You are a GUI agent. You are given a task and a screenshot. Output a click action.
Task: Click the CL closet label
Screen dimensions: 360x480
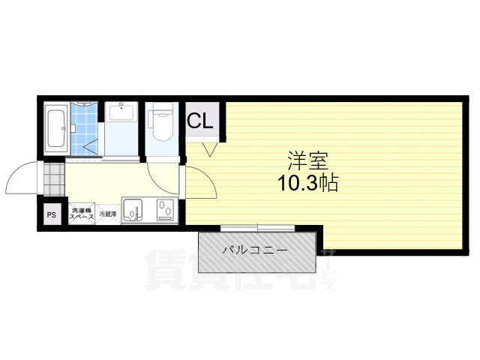pyautogui.click(x=200, y=121)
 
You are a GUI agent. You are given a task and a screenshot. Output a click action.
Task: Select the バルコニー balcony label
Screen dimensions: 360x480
pyautogui.click(x=254, y=250)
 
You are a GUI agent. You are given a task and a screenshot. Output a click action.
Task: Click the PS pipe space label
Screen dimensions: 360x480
pyautogui.click(x=52, y=215)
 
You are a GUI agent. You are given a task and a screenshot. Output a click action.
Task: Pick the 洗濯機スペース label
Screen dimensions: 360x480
pyautogui.click(x=80, y=214)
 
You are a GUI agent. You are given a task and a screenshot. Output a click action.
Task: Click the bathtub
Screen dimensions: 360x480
pyautogui.click(x=56, y=128)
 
